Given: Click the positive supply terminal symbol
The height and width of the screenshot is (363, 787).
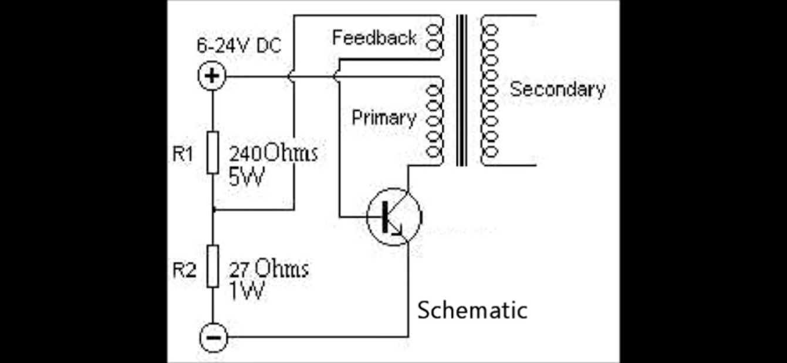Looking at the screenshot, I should point(212,77).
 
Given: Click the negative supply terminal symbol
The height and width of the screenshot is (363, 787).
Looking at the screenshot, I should point(212,338).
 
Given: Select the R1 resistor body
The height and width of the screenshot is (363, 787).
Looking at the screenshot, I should point(213,152).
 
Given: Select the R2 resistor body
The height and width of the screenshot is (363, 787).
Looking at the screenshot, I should point(213,267).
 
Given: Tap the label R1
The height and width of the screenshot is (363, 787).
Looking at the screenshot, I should point(183,154).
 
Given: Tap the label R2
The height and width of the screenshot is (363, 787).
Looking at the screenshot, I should point(183,270).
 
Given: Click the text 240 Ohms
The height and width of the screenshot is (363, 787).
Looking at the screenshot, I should point(273,154).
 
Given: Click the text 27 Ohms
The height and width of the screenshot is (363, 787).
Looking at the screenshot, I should point(268,269).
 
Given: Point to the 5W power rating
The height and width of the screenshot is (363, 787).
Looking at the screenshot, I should point(246,177).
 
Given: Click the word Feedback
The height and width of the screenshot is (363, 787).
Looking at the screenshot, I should point(374,38).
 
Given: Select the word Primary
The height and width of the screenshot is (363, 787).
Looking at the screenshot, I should point(383,118).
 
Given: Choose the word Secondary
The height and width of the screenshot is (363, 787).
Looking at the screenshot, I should point(557,89).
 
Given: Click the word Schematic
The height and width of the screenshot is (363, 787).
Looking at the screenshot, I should point(472,310).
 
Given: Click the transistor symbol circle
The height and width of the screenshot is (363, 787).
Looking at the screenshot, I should point(394,217).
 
